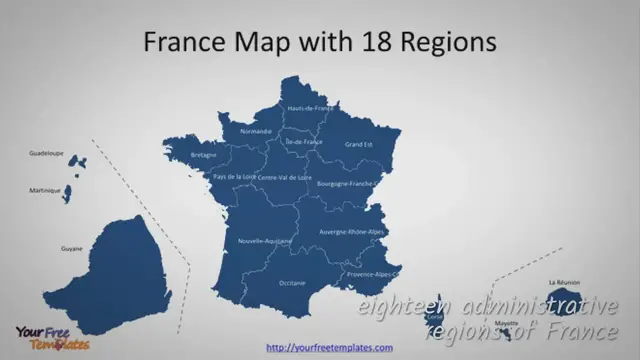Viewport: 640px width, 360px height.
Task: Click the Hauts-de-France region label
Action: pyautogui.click(x=310, y=108)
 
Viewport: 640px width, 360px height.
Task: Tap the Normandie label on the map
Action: pyautogui.click(x=256, y=131)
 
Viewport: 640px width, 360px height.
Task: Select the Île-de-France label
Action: pyautogui.click(x=304, y=142)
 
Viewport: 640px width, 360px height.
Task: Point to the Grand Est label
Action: pyautogui.click(x=358, y=145)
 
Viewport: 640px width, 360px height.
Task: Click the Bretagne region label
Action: pyautogui.click(x=203, y=155)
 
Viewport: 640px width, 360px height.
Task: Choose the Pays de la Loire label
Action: pyautogui.click(x=234, y=176)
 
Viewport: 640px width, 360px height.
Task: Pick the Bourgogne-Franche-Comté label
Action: pyautogui.click(x=346, y=184)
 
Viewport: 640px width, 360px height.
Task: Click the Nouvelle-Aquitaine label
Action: pyautogui.click(x=265, y=241)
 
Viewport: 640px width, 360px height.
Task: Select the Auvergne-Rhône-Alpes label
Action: pyautogui.click(x=351, y=232)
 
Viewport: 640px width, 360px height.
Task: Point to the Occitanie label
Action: pyautogui.click(x=292, y=283)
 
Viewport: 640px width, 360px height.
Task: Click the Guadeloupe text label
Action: pyautogui.click(x=46, y=153)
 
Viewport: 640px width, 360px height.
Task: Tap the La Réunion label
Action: pyautogui.click(x=564, y=283)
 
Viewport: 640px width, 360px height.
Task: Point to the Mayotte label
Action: pyautogui.click(x=507, y=323)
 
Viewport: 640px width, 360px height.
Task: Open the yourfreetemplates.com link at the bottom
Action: pyautogui.click(x=329, y=347)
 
